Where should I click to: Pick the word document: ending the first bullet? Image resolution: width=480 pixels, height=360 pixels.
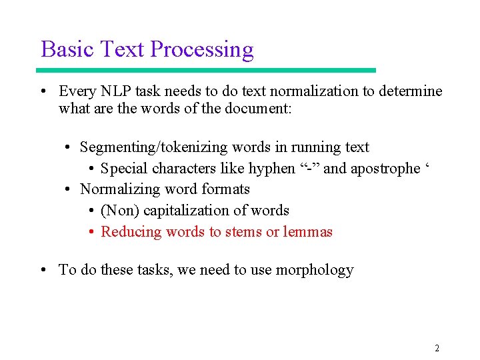257,108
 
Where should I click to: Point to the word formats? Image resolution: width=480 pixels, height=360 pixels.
227,189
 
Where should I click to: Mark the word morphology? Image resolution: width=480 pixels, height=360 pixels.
313,270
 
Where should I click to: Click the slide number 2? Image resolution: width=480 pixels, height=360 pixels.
437,348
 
